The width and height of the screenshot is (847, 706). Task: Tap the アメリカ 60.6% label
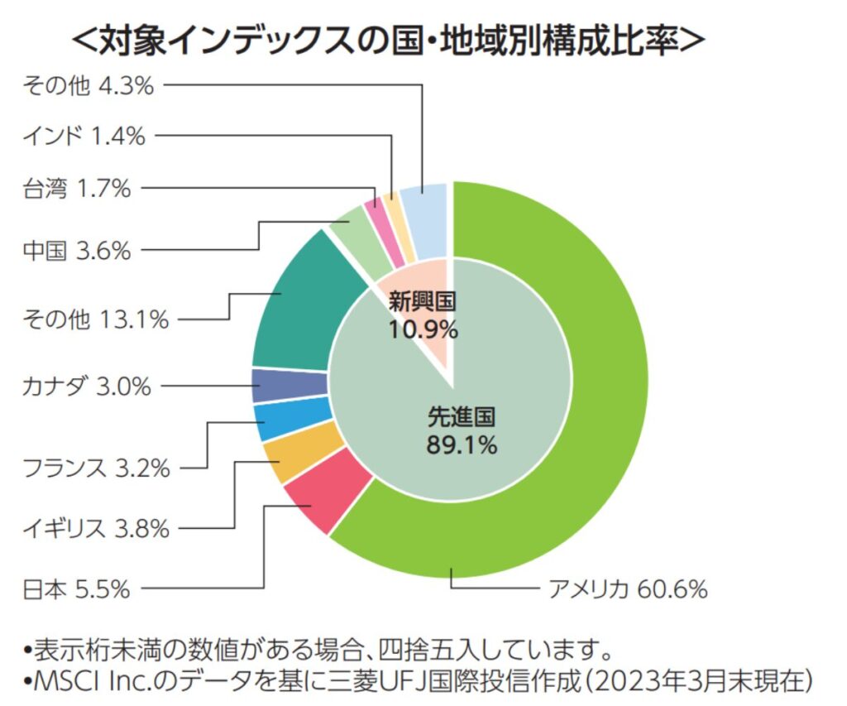pyautogui.click(x=628, y=589)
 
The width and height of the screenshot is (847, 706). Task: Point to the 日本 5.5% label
pyautogui.click(x=76, y=589)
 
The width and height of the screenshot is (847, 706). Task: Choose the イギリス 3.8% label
pyautogui.click(x=96, y=527)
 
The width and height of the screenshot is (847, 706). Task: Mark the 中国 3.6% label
pyautogui.click(x=76, y=250)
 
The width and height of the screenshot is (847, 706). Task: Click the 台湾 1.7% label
pyautogui.click(x=76, y=189)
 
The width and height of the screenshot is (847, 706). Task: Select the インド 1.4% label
pyautogui.click(x=84, y=136)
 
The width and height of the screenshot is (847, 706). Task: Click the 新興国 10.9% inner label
pyautogui.click(x=423, y=315)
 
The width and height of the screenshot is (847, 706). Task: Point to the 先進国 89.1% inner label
pyautogui.click(x=462, y=430)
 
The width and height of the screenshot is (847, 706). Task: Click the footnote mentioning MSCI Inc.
pyautogui.click(x=422, y=682)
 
